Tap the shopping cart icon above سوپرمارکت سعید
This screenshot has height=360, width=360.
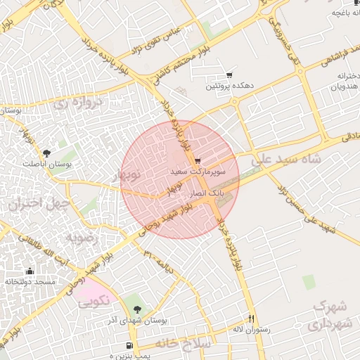pos(198,160)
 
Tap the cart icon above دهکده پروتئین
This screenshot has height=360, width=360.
pos(229,75)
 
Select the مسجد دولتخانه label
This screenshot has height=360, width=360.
pos(30,281)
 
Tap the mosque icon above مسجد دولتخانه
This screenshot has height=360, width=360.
pos(30,271)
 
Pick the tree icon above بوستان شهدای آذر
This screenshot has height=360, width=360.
pos(136,309)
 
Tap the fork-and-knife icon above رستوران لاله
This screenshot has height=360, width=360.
pos(251,318)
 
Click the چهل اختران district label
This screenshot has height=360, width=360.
pos(38,204)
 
